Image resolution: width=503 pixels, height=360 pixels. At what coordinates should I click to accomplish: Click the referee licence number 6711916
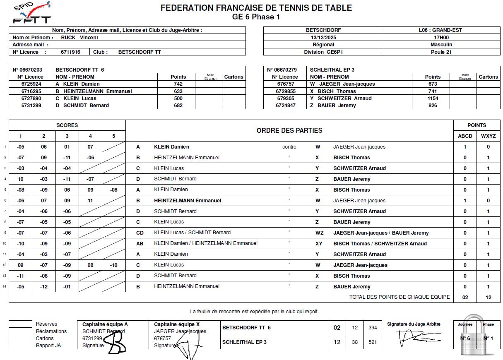pyautogui.click(x=70, y=52)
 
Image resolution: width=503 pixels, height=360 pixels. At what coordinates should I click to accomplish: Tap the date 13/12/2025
pyautogui.click(x=323, y=37)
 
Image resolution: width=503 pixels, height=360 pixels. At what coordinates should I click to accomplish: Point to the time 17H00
pyautogui.click(x=440, y=37)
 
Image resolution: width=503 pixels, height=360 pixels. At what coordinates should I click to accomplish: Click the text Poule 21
pyautogui.click(x=440, y=52)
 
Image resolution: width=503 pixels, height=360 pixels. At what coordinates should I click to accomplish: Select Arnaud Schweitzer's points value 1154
pyautogui.click(x=433, y=98)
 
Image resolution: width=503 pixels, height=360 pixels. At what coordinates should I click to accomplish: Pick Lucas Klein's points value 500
pyautogui.click(x=178, y=98)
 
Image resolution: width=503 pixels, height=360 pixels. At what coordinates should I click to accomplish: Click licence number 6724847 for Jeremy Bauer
pyautogui.click(x=286, y=106)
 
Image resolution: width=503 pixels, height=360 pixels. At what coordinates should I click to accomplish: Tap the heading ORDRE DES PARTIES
pyautogui.click(x=289, y=131)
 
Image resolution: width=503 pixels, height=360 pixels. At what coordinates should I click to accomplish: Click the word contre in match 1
pyautogui.click(x=289, y=147)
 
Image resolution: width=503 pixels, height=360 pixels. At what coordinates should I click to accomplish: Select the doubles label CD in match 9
pyautogui.click(x=140, y=233)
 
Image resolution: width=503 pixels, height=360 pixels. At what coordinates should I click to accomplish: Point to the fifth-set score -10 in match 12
pyautogui.click(x=114, y=265)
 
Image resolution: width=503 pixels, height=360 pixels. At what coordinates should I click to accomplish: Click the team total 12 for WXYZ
pyautogui.click(x=489, y=298)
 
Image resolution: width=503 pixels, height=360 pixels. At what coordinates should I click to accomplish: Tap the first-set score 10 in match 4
pyautogui.click(x=20, y=179)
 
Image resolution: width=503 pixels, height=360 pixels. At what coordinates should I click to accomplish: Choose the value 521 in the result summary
pyautogui.click(x=373, y=342)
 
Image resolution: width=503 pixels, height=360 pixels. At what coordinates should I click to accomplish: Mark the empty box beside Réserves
pyautogui.click(x=20, y=324)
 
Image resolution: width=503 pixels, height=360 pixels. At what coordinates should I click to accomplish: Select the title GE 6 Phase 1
pyautogui.click(x=256, y=17)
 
